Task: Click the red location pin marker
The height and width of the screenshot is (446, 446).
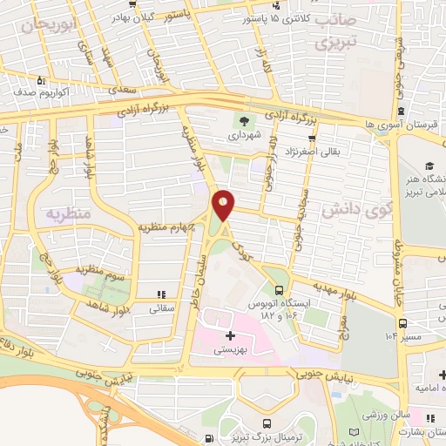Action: click(224, 205)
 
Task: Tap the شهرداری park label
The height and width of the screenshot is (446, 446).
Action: click(243, 137)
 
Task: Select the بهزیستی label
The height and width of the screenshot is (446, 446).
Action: click(230, 349)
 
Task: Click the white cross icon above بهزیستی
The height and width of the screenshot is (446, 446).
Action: click(230, 335)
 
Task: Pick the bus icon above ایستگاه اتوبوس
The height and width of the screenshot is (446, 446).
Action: click(279, 291)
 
